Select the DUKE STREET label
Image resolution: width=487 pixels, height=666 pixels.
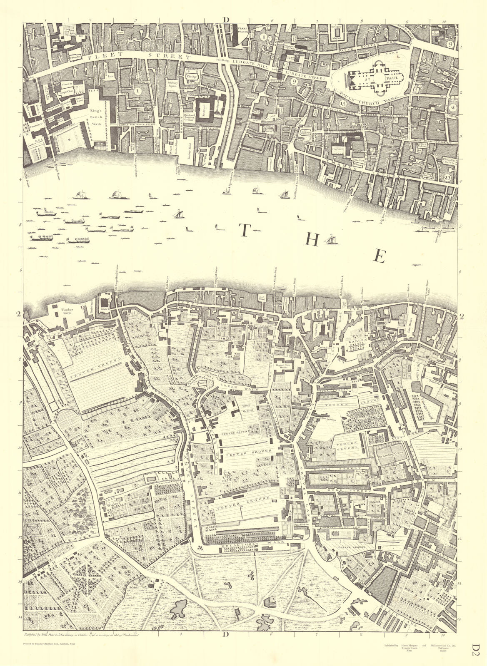(x=356, y=491)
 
